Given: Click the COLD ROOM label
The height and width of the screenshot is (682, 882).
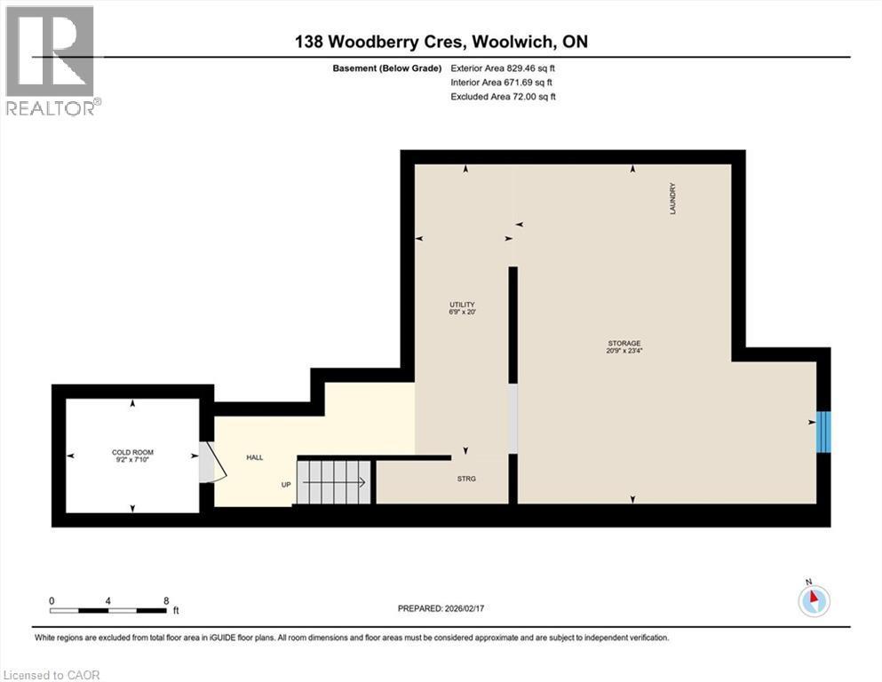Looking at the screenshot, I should pyautogui.click(x=132, y=452).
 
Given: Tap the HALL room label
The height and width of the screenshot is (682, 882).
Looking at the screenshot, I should pyautogui.click(x=255, y=457).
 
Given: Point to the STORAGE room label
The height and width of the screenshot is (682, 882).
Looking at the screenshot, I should pyautogui.click(x=624, y=343).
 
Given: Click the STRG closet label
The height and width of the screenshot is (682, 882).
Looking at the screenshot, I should pyautogui.click(x=466, y=479).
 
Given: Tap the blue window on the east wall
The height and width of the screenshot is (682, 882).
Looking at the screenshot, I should pyautogui.click(x=823, y=432).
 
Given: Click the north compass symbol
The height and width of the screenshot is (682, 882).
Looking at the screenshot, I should pyautogui.click(x=814, y=600).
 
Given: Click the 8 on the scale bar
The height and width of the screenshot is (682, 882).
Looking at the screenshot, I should pyautogui.click(x=166, y=600).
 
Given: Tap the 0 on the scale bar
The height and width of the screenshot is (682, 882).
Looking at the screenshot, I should pyautogui.click(x=52, y=600).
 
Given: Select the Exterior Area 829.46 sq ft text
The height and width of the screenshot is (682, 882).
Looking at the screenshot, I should pyautogui.click(x=504, y=67).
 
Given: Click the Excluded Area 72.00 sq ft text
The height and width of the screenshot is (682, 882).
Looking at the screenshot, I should pyautogui.click(x=504, y=96).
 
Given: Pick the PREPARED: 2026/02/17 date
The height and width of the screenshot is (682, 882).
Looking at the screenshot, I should pyautogui.click(x=441, y=608).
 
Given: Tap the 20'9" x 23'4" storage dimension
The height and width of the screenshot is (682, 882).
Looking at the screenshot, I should pyautogui.click(x=624, y=351).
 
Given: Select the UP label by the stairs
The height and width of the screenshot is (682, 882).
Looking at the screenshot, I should pyautogui.click(x=286, y=485).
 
